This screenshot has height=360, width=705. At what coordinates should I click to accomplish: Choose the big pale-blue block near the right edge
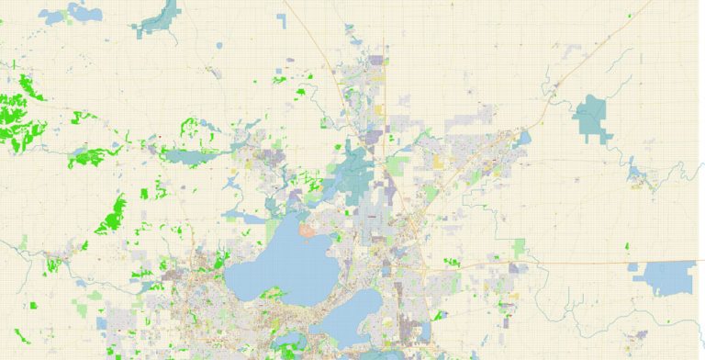click(669, 277)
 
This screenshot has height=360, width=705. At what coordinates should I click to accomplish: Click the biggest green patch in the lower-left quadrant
click(115, 215)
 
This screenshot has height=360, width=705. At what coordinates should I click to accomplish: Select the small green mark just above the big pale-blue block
click(627, 246)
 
